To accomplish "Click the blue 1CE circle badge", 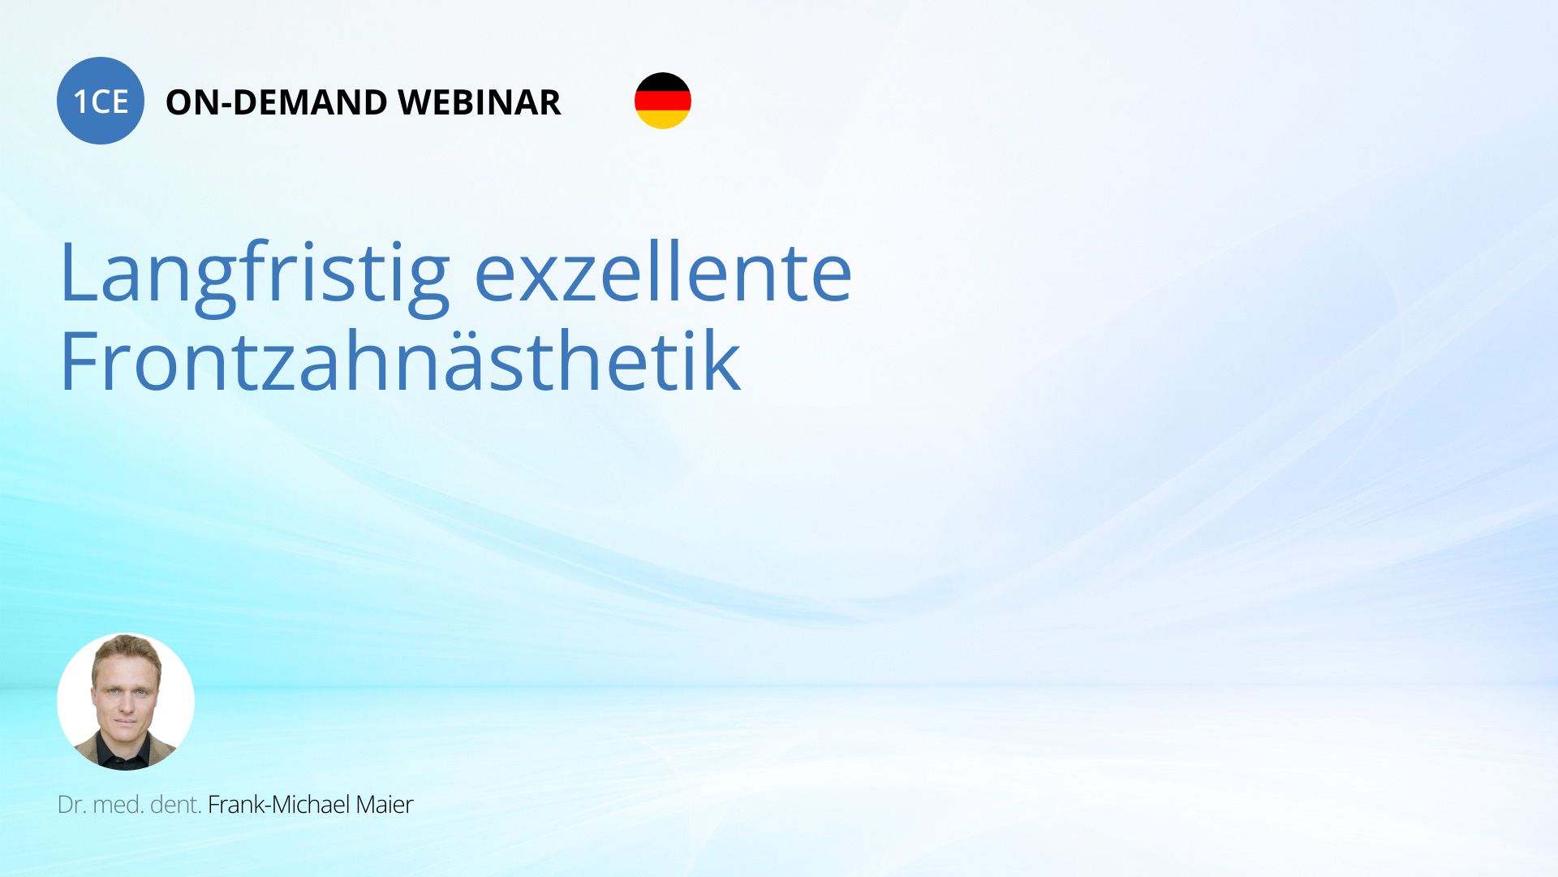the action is (x=101, y=101).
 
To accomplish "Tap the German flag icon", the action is (x=663, y=101).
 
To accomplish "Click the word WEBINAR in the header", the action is (x=479, y=102).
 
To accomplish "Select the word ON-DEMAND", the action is (x=277, y=102).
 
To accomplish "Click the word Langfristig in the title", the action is (x=255, y=274).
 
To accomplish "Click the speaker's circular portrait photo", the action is (x=126, y=702).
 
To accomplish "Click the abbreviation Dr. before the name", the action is (x=71, y=804).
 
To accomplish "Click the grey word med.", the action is (x=118, y=804).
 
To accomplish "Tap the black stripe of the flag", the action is (x=663, y=81).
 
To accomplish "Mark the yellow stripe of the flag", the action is (x=663, y=119).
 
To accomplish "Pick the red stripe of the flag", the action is (x=663, y=101).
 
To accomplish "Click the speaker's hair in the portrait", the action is (x=127, y=650).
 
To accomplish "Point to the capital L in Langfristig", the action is (x=80, y=271).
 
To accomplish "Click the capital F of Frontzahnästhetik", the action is (x=80, y=361).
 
